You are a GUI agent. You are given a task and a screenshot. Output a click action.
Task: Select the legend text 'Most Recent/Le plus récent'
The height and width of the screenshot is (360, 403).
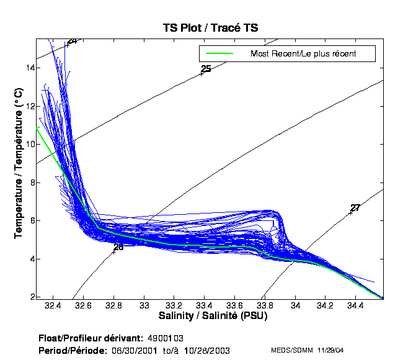point(303,53)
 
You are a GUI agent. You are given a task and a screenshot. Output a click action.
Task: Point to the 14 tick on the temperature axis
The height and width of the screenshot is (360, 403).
point(28,68)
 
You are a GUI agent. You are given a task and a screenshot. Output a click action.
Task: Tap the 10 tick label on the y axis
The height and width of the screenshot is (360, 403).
point(28,144)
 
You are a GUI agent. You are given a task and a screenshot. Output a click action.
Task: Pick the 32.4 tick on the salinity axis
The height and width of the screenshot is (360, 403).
point(53,306)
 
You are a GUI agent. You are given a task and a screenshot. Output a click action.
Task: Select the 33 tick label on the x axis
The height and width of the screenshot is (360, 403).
point(145,306)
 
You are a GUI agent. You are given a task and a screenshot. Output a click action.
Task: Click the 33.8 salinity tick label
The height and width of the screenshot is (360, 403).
point(265,306)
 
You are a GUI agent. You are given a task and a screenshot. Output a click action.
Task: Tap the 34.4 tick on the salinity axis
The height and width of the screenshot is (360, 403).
point(355,306)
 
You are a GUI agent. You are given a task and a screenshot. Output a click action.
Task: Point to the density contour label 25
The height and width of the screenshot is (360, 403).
point(206,69)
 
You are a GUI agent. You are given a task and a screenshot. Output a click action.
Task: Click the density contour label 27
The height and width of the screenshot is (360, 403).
point(355,208)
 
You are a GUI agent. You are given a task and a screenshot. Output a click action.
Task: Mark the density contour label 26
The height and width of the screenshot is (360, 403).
point(118,247)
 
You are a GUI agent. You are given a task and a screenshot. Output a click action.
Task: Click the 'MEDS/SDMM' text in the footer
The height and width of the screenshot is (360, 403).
point(292,351)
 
